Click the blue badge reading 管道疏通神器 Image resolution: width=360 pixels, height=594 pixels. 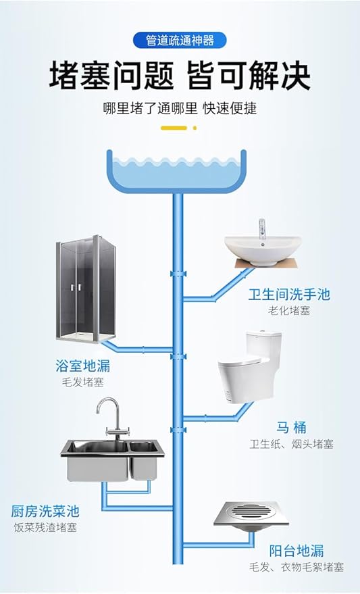coord(180,40)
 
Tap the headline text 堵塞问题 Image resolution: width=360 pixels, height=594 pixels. coord(111,76)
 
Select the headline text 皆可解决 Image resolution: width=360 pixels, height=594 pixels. coord(249,76)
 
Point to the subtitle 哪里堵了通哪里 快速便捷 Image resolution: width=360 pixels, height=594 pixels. coord(180,108)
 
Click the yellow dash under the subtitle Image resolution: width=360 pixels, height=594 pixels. coord(174,128)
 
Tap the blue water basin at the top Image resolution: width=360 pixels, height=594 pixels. coord(176,170)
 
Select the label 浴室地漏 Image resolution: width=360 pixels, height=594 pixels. coord(82,366)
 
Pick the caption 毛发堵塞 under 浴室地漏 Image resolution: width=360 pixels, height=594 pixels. coord(83,382)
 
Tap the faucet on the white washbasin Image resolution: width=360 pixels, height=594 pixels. coord(261,229)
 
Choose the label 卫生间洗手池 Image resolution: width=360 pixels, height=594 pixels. coord(289,295)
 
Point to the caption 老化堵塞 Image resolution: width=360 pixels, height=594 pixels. coord(289,311)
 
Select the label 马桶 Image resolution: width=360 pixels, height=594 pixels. coord(290,428)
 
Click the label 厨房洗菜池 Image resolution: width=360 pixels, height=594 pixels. coord(45,511)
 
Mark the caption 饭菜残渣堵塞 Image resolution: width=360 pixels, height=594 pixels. coord(45,527)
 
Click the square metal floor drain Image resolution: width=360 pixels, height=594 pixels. coord(251,516)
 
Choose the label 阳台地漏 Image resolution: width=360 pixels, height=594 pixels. coord(297,551)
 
